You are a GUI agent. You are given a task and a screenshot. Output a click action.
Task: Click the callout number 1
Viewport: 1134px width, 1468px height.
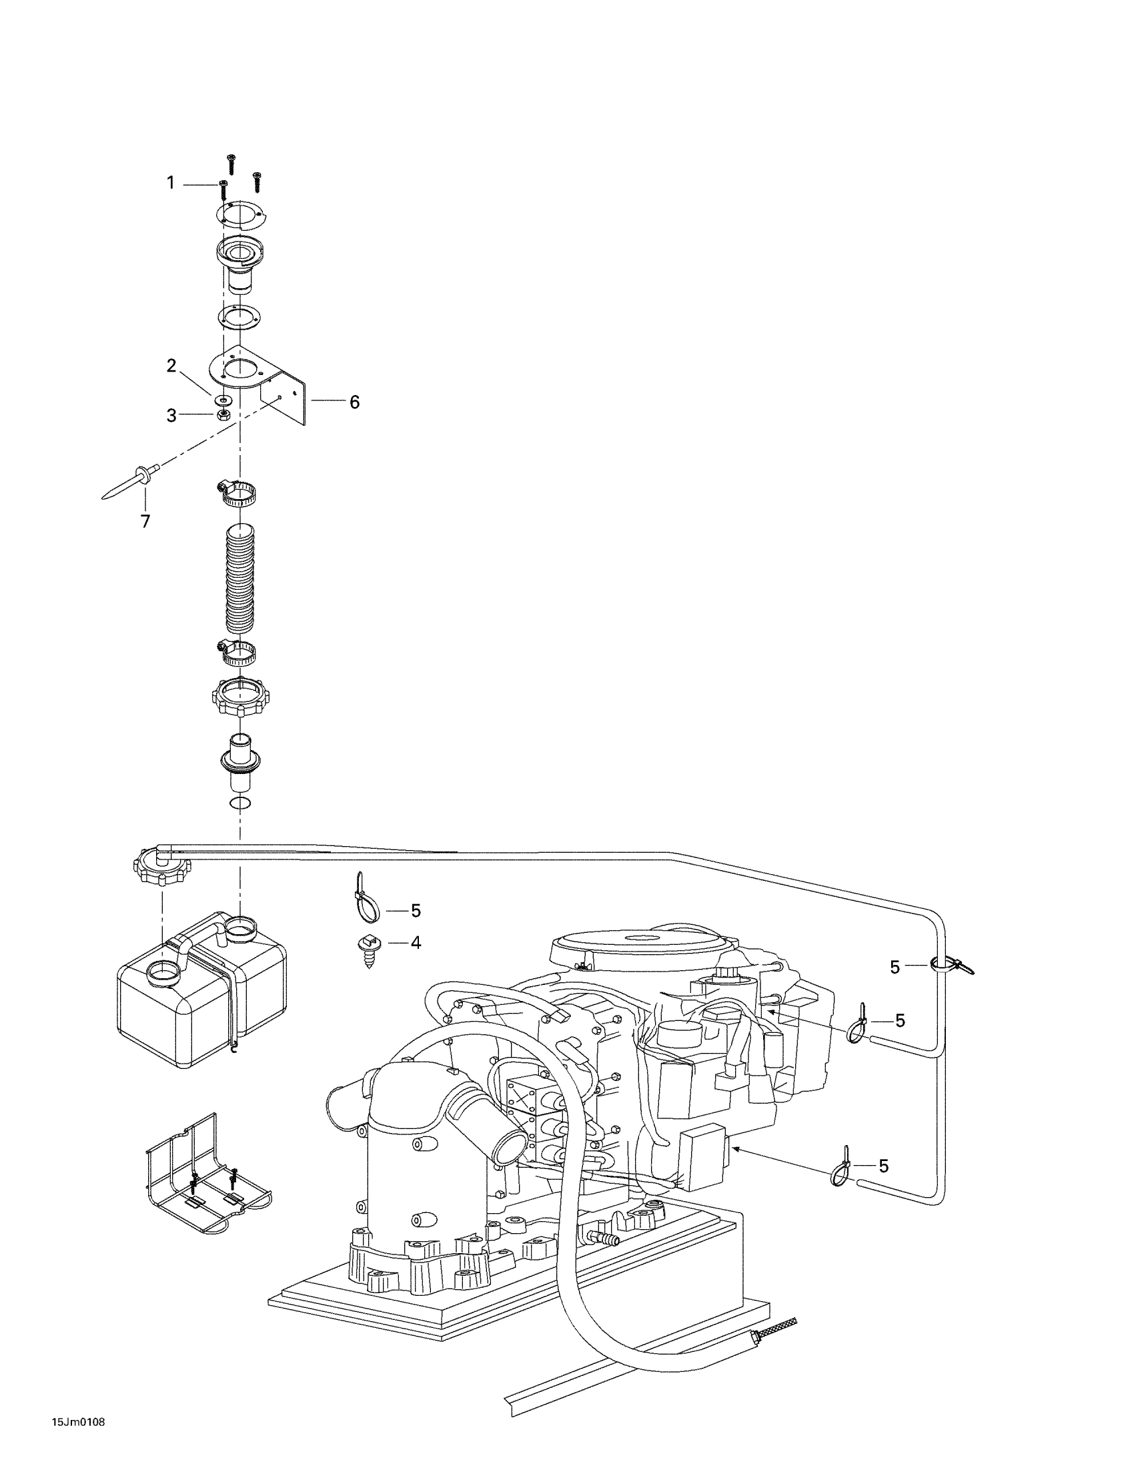pyautogui.click(x=171, y=183)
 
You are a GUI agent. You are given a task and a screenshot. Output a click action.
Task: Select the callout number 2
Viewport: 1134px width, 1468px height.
pyautogui.click(x=171, y=366)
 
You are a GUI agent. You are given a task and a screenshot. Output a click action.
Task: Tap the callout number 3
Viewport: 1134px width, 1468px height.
pyautogui.click(x=171, y=416)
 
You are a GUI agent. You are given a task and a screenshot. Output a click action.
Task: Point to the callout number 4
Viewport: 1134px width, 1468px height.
pyautogui.click(x=416, y=943)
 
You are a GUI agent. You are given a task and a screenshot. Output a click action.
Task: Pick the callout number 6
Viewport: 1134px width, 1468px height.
pyautogui.click(x=354, y=402)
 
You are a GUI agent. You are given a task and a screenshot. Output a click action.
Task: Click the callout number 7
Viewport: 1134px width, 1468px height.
pyautogui.click(x=145, y=521)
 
